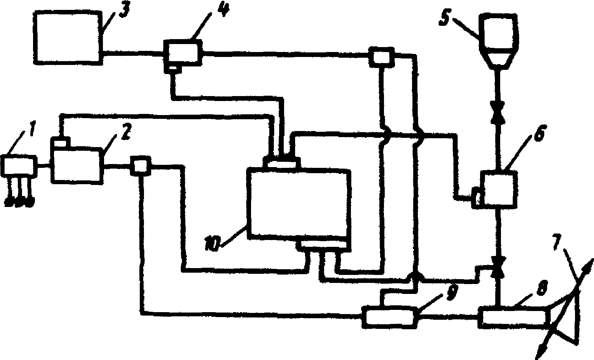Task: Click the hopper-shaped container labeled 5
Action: pyautogui.click(x=498, y=42)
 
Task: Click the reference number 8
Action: pyautogui.click(x=541, y=289)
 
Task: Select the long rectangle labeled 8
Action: pyautogui.click(x=513, y=316)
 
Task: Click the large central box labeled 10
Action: pyautogui.click(x=299, y=203)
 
